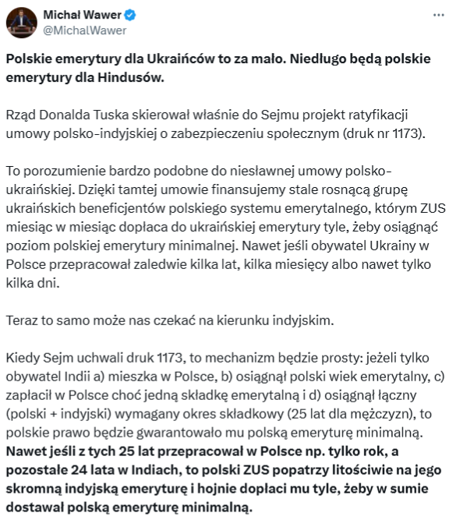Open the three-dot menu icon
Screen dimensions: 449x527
[433, 15]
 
